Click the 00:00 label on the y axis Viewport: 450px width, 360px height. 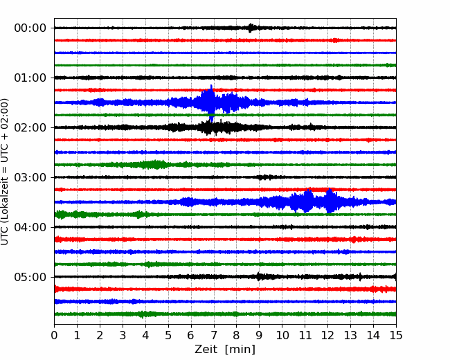point(30,28)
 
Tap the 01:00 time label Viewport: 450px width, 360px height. point(30,78)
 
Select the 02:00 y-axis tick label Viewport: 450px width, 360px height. point(30,127)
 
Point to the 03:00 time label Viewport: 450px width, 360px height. point(30,177)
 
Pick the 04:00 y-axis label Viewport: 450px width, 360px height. point(30,227)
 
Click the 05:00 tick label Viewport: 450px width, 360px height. point(30,277)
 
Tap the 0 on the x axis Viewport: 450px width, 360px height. point(54,335)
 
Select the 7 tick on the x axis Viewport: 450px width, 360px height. point(214,335)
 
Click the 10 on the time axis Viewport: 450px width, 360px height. point(282,335)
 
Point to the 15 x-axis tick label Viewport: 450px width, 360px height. point(396,335)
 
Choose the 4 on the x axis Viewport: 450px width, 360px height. point(145,335)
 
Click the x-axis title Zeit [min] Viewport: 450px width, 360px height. point(225,350)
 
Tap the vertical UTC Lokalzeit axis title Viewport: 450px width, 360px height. point(5,172)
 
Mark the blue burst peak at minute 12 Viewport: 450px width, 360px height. point(330,201)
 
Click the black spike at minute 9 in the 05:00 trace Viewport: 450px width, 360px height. point(259,276)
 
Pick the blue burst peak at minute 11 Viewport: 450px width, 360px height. point(307,201)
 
